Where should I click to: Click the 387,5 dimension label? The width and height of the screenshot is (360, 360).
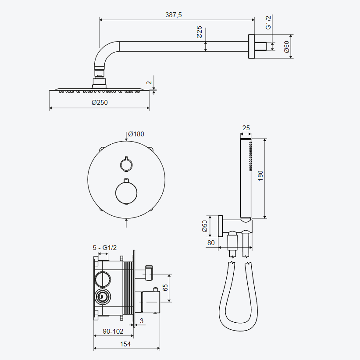(173, 15)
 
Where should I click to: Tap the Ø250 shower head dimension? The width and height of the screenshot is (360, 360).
(100, 103)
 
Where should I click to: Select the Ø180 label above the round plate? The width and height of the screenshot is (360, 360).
(136, 134)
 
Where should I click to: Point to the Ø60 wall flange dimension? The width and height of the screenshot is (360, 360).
(286, 47)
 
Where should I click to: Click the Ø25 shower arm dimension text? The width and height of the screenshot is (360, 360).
(199, 32)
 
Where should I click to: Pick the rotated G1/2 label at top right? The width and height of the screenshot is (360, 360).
(268, 23)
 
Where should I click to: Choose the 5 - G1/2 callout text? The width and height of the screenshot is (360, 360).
(105, 247)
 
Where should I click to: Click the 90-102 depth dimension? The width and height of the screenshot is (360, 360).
(113, 331)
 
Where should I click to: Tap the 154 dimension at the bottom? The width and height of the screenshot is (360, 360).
(125, 344)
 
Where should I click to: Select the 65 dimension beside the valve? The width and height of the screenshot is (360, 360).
(165, 288)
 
